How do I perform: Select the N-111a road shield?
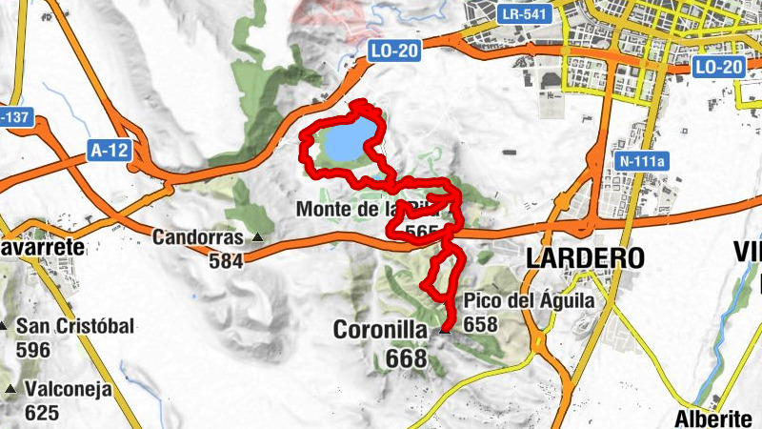click(643, 161)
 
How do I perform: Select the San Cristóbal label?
click(75, 326)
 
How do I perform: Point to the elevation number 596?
click(34, 349)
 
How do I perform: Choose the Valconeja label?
click(69, 390)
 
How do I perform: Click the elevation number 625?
click(44, 413)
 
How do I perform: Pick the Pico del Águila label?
click(529, 301)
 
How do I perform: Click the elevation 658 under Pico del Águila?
click(482, 324)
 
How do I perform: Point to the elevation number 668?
click(407, 358)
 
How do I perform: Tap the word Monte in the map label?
click(323, 208)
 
